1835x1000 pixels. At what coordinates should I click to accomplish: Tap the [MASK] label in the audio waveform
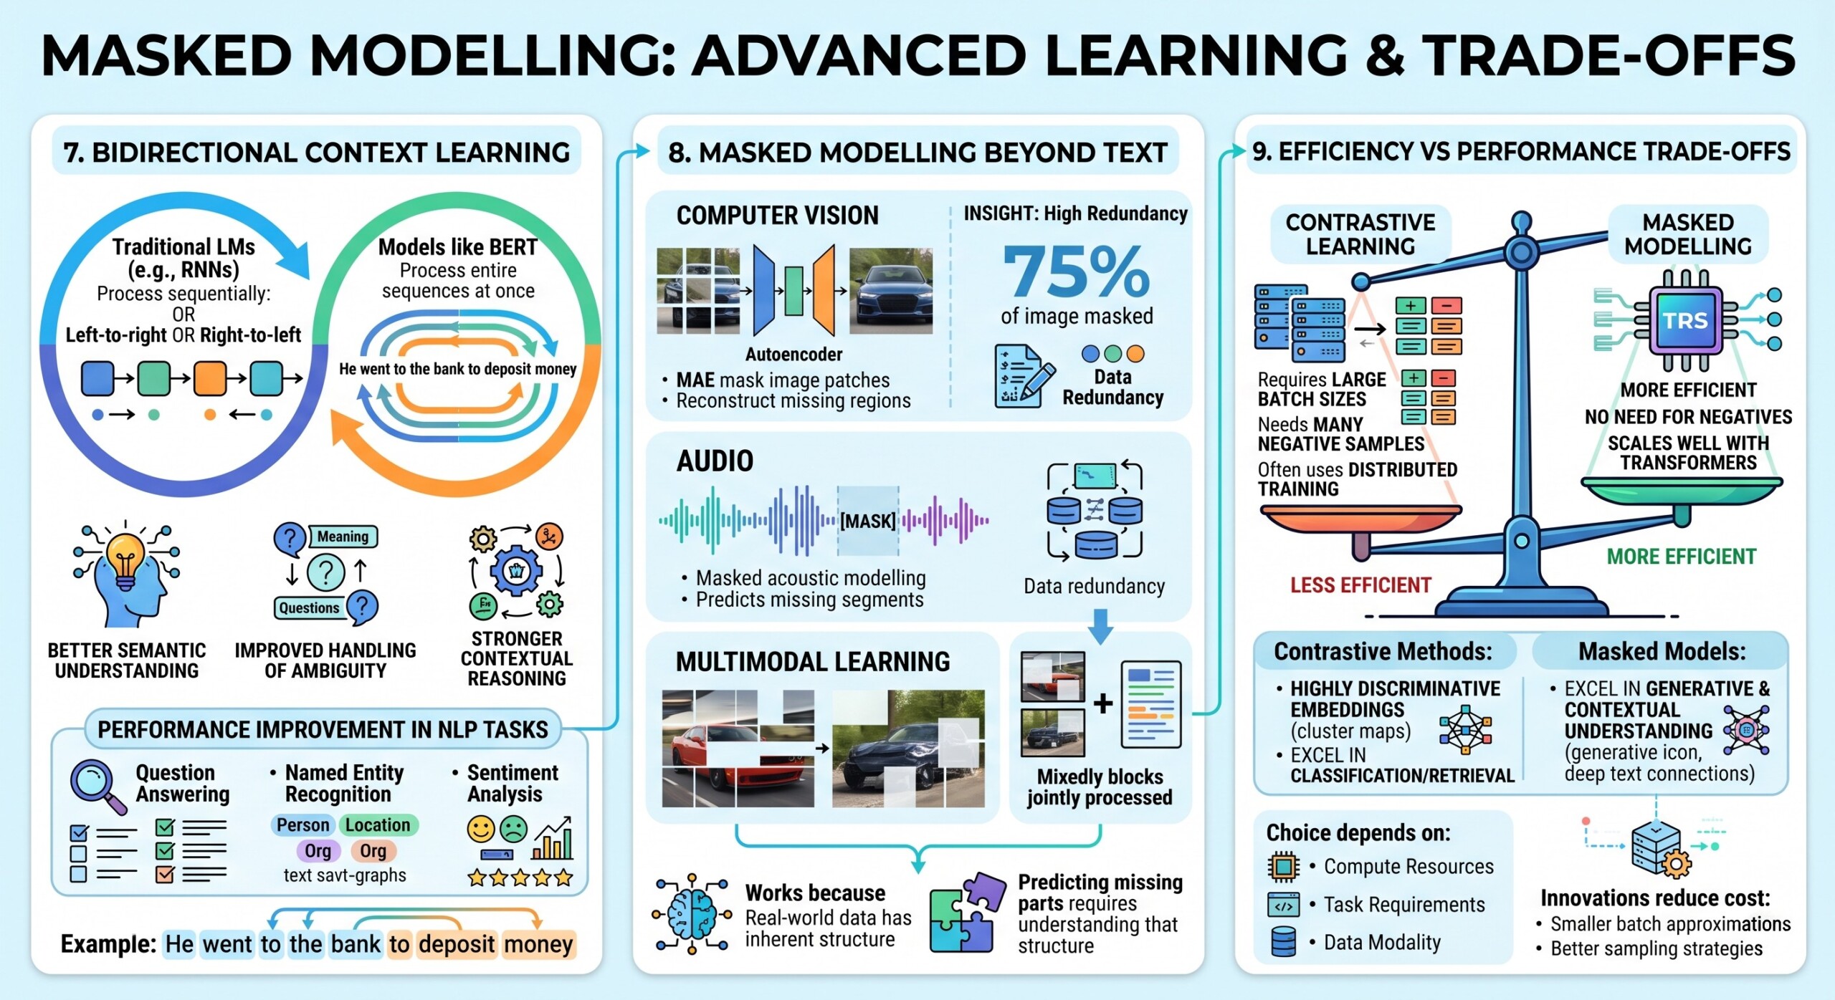pyautogui.click(x=867, y=521)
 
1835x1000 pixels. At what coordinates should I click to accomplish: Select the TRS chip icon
pyautogui.click(x=1685, y=320)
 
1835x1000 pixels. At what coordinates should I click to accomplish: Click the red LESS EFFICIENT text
pyautogui.click(x=1360, y=585)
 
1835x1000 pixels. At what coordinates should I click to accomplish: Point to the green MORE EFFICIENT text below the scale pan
pyautogui.click(x=1681, y=557)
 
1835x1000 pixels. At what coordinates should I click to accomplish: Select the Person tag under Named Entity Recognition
pyautogui.click(x=302, y=825)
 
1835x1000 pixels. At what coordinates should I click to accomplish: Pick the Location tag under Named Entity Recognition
pyautogui.click(x=378, y=825)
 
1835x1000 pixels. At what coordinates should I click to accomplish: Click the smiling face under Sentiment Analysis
pyautogui.click(x=481, y=830)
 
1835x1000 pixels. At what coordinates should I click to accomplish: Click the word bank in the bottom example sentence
pyautogui.click(x=356, y=944)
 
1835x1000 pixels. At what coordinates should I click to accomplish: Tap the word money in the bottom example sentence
pyautogui.click(x=538, y=944)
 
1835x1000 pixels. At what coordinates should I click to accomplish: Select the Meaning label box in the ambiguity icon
pyautogui.click(x=343, y=537)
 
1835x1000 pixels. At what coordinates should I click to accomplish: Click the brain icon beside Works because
pyautogui.click(x=691, y=914)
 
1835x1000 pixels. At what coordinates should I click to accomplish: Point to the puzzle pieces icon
pyautogui.click(x=965, y=913)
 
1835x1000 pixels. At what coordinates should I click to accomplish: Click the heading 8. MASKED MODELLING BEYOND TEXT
pyautogui.click(x=917, y=153)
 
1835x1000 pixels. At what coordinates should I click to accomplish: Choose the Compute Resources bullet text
pyautogui.click(x=1409, y=867)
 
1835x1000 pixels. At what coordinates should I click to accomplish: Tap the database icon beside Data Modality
pyautogui.click(x=1283, y=942)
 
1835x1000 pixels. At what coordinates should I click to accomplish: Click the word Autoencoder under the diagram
pyautogui.click(x=793, y=355)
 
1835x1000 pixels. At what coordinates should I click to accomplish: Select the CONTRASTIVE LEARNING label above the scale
pyautogui.click(x=1360, y=234)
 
